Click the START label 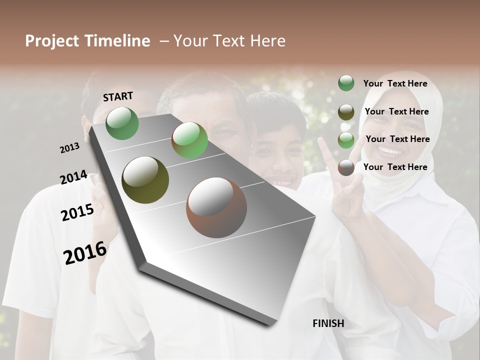[x=118, y=96]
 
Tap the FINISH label [x=328, y=323]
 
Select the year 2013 [x=69, y=147]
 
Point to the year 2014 [x=73, y=177]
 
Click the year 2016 [x=85, y=252]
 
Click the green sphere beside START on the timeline [x=122, y=123]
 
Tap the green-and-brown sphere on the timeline [x=189, y=140]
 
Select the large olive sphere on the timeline [x=145, y=180]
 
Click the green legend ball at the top [x=346, y=83]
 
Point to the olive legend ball [x=346, y=111]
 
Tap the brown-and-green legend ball [x=346, y=140]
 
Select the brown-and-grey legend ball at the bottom [x=346, y=167]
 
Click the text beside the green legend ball [x=395, y=83]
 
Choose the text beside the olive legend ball [x=396, y=111]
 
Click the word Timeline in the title [x=118, y=41]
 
